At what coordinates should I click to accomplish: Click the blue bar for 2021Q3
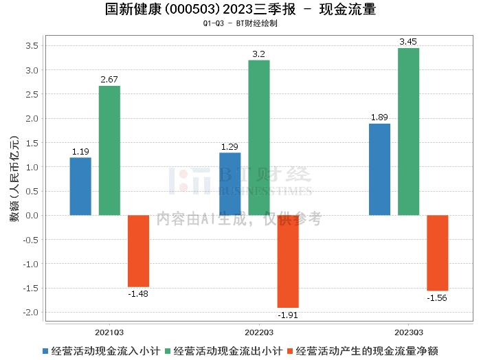80,186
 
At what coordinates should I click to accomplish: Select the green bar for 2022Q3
259,137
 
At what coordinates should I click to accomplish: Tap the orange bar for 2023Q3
438,253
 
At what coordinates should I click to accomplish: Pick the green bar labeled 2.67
109,150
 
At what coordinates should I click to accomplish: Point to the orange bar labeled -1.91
288,261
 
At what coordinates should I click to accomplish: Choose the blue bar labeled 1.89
379,170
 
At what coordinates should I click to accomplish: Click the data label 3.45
408,42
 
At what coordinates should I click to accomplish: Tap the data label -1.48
138,294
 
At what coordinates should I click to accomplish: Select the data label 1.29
230,146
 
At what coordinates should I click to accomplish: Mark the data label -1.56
437,297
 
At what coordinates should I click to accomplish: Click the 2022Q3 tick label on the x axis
259,333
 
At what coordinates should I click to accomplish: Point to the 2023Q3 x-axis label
409,333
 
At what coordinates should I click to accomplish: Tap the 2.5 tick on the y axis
32,94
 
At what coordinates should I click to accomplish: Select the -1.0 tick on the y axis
31,264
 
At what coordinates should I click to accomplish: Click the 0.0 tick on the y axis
32,216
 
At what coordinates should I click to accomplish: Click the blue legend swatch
45,351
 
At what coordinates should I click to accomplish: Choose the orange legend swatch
290,351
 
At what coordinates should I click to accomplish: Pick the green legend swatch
168,351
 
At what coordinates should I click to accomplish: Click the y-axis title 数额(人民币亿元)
14,178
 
